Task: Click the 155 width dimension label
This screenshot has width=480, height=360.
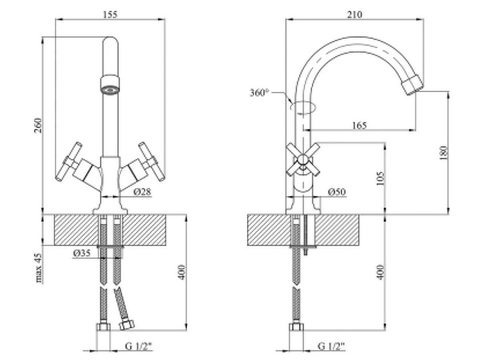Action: pyautogui.click(x=110, y=15)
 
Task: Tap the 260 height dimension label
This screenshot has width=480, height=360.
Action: pyautogui.click(x=38, y=125)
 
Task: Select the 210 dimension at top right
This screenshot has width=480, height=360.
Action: pyautogui.click(x=354, y=14)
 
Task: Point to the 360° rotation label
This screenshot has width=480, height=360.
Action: pyautogui.click(x=259, y=93)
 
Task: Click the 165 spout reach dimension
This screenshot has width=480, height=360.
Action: pyautogui.click(x=360, y=126)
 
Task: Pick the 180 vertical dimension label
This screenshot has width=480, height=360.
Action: pyautogui.click(x=444, y=153)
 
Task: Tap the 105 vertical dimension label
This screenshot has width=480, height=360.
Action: pyautogui.click(x=380, y=178)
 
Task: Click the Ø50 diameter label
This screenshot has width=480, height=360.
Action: pyautogui.click(x=337, y=192)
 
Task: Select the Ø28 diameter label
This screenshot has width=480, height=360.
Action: pyautogui.click(x=142, y=192)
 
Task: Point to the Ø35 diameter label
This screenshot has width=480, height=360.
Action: pyautogui.click(x=82, y=253)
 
